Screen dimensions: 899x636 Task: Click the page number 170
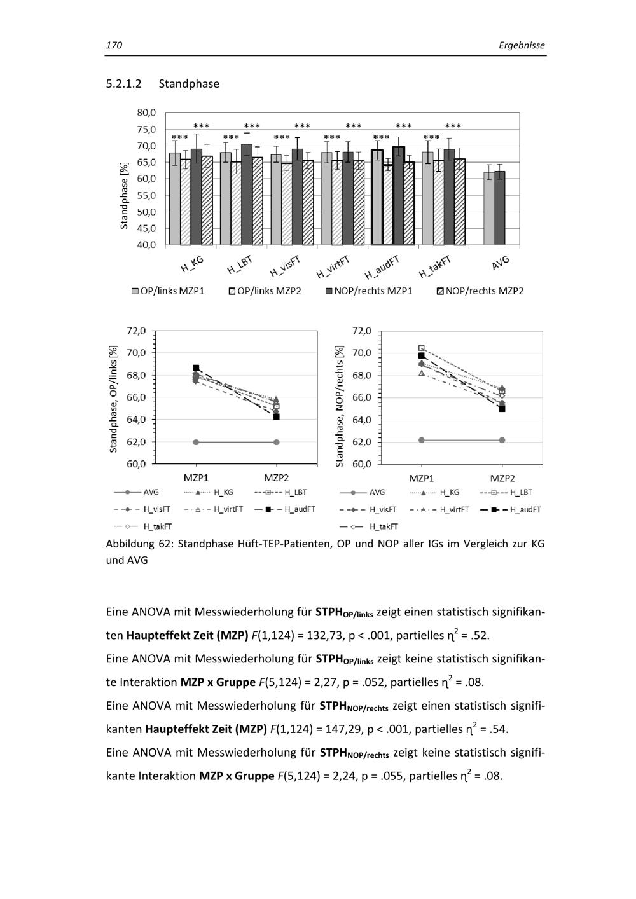(114, 45)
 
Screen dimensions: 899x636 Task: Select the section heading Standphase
(189, 84)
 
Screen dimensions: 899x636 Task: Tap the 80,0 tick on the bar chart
(146, 113)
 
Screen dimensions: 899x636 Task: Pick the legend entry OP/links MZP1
(168, 291)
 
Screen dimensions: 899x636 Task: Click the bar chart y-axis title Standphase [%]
(124, 195)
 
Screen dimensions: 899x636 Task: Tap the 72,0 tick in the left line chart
(137, 331)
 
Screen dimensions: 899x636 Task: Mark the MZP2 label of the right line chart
(502, 478)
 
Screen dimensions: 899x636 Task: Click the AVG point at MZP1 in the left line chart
(196, 442)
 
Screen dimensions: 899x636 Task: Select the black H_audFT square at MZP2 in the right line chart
(502, 409)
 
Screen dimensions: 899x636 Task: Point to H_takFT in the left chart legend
(157, 526)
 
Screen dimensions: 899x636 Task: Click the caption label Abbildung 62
(139, 544)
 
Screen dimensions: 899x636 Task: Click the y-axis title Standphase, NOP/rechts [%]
(340, 406)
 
